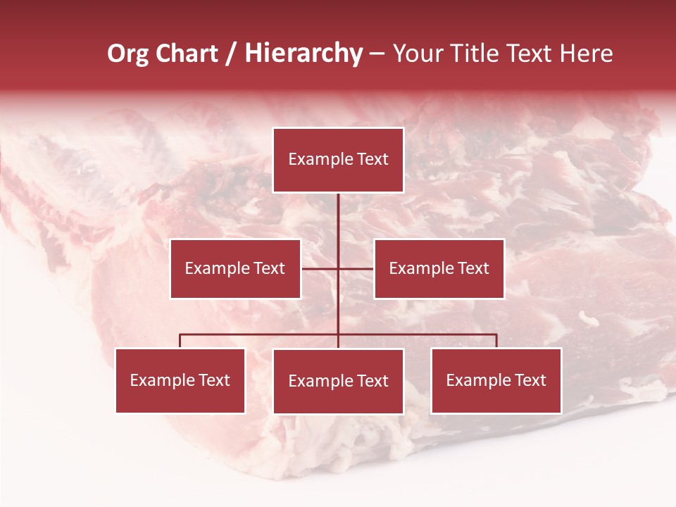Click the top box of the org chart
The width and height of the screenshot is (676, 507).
click(338, 160)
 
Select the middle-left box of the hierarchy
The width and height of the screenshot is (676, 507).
click(235, 268)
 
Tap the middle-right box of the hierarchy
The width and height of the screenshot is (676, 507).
click(439, 268)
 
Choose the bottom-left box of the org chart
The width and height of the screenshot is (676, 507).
click(180, 381)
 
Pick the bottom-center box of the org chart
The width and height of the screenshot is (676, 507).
click(338, 382)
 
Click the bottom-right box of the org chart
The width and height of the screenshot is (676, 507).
click(496, 381)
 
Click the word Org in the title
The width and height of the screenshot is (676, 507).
click(127, 54)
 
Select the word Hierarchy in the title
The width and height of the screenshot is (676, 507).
click(303, 54)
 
